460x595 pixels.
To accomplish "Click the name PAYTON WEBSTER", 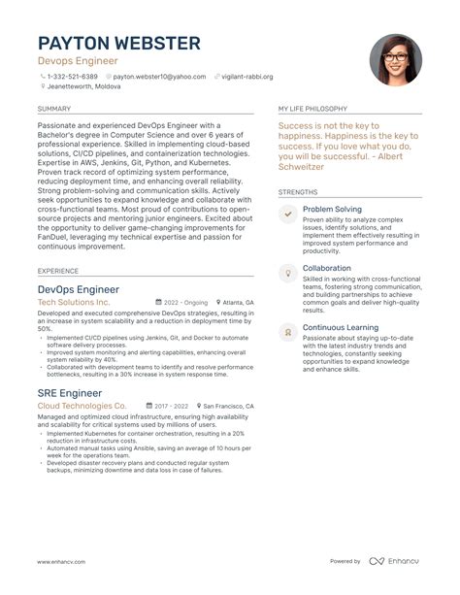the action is [x=119, y=43].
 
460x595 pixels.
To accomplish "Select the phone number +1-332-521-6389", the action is [x=73, y=76].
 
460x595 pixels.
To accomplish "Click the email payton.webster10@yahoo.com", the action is [x=158, y=76].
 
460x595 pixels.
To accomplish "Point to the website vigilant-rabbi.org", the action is [x=246, y=76].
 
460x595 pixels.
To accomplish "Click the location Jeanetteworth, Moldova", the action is [x=84, y=87].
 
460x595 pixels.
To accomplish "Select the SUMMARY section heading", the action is [x=53, y=109].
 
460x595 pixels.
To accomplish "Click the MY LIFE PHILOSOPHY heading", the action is [x=313, y=109].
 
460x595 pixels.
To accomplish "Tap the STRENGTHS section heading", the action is [x=298, y=192].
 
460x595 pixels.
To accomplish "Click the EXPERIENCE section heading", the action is [x=58, y=271].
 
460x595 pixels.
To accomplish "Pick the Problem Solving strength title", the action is [x=332, y=209].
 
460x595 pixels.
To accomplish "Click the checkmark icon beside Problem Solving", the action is [x=287, y=213].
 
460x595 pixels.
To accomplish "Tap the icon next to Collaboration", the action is [x=287, y=272].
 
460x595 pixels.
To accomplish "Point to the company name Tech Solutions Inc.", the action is [x=74, y=303].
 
